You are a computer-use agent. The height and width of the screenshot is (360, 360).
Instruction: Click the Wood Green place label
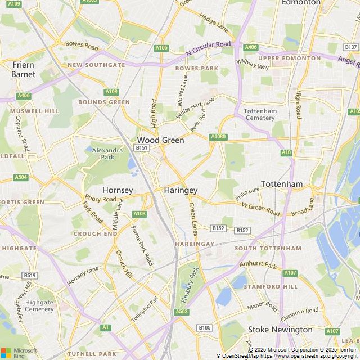[x=160, y=139]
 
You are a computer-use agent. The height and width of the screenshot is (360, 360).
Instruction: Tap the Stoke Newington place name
[x=280, y=329]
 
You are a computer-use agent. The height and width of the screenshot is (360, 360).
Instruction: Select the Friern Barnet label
[x=24, y=69]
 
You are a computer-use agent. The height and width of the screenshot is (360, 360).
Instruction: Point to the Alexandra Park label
[x=107, y=154]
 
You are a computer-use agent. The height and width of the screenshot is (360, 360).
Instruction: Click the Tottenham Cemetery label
[x=260, y=114]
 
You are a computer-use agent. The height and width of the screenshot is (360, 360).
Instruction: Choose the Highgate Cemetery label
[x=39, y=305]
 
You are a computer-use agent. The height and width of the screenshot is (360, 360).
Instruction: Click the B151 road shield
[x=141, y=147]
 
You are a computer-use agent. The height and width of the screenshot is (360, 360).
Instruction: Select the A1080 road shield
[x=218, y=137]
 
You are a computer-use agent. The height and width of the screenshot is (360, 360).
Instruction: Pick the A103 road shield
[x=139, y=214]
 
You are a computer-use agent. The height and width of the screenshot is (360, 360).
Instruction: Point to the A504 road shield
[x=21, y=177]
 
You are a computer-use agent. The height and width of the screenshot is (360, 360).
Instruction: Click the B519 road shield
[x=30, y=275]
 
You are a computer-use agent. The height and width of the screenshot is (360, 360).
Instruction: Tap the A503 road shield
[x=182, y=311]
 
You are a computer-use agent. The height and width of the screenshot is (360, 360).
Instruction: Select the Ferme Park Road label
[x=142, y=245]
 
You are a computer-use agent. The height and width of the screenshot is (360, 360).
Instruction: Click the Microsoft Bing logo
[x=18, y=353]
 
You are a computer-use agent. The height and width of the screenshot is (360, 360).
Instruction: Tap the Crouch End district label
[x=95, y=233]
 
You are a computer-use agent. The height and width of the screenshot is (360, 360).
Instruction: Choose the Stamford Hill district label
[x=274, y=286]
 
